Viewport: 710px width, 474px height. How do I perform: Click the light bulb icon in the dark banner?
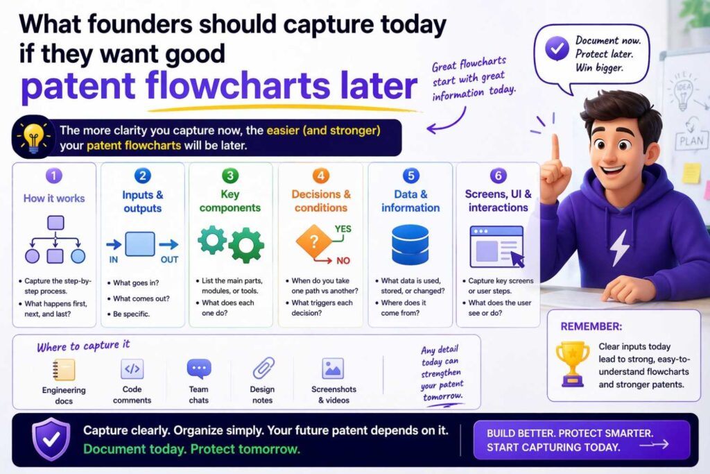tap(32, 138)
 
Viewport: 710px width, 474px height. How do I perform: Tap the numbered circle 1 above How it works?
tap(54, 176)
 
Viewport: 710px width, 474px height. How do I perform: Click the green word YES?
tap(343, 229)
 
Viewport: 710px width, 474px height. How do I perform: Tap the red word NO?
tap(343, 262)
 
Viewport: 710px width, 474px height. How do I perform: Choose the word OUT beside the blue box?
tap(169, 260)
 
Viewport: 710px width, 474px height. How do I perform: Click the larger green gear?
tap(246, 244)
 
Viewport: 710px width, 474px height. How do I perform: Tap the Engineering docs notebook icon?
tap(64, 369)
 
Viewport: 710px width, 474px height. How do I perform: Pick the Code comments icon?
tap(132, 369)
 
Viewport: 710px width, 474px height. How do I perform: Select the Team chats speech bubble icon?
tap(199, 369)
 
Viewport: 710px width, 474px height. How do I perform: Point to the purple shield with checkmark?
tap(51, 439)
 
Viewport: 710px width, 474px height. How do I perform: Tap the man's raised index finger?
tap(555, 147)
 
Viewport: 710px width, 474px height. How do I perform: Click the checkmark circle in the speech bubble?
tap(556, 48)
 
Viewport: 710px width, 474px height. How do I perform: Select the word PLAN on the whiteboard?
tap(691, 139)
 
